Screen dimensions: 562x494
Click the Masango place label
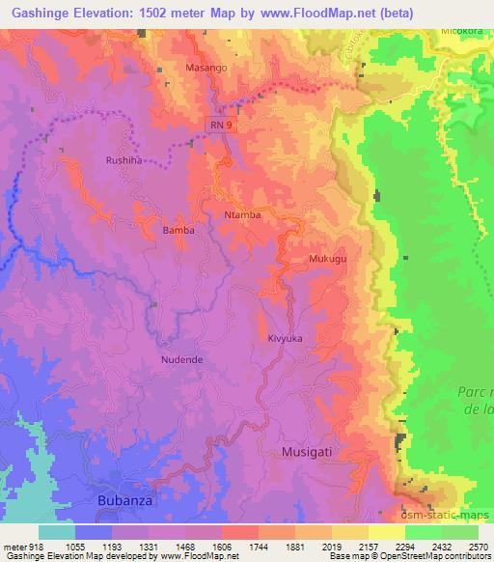206,70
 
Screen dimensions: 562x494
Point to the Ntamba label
242,214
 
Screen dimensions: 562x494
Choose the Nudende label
180,359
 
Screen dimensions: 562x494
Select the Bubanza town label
125,500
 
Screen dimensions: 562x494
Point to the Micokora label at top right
460,30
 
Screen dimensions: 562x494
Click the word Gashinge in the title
45,12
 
